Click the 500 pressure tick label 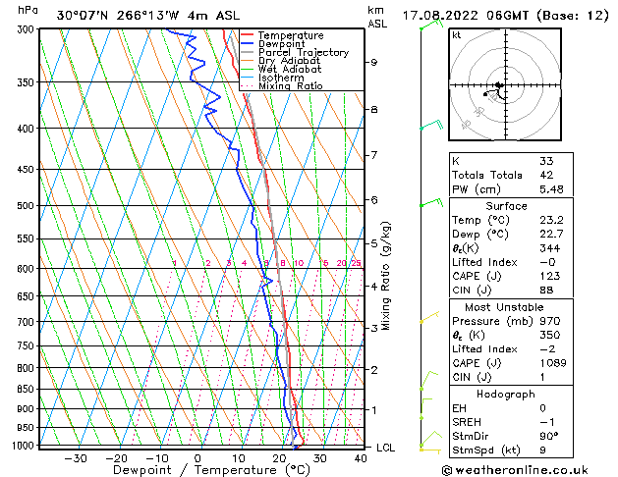tap(27, 206)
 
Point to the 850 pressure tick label tap(27, 390)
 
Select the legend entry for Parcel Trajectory tap(303, 52)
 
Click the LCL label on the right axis tap(387, 448)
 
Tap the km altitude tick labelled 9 tap(374, 62)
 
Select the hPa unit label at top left tap(28, 10)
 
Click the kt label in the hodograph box tap(456, 35)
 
